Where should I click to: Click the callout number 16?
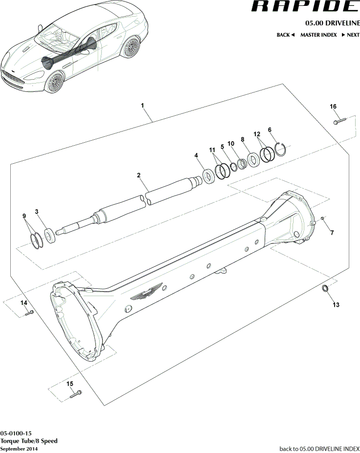point(333,107)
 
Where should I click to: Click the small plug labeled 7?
point(322,218)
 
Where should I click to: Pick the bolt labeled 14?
point(29,313)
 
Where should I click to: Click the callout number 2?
point(139,174)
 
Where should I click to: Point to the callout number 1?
point(142,106)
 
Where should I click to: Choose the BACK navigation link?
point(286,35)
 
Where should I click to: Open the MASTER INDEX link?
point(318,35)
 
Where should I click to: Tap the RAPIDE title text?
point(305,7)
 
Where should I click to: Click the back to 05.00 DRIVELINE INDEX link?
point(319,448)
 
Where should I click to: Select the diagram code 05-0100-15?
point(16,433)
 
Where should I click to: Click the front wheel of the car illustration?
point(54,82)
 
